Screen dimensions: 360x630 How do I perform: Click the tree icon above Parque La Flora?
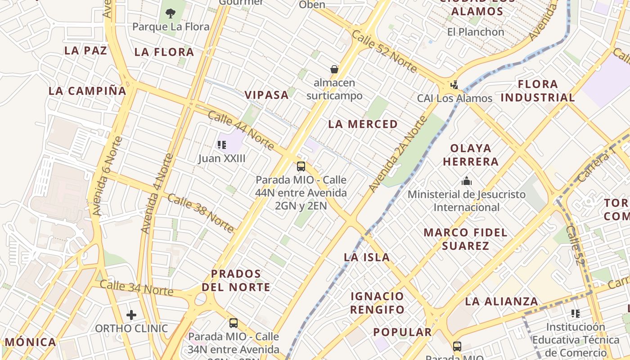click(x=171, y=13)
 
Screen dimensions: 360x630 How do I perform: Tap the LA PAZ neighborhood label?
click(x=85, y=50)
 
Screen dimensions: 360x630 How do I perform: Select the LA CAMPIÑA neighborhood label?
click(x=87, y=91)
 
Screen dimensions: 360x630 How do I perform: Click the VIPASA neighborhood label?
click(x=266, y=95)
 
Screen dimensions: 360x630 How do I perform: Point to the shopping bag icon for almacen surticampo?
click(x=334, y=69)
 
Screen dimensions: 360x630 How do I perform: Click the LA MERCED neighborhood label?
click(x=363, y=124)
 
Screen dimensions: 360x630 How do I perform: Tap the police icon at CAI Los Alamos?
click(x=454, y=85)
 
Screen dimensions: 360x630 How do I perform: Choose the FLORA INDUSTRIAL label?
click(x=538, y=91)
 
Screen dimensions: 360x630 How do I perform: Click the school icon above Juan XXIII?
click(x=222, y=145)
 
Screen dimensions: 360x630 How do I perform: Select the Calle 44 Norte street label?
click(x=241, y=130)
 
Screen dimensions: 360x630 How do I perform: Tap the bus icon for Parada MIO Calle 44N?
click(x=301, y=166)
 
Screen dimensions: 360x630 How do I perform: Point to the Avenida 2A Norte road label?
click(x=397, y=154)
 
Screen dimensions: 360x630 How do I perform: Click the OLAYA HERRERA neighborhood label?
click(x=471, y=155)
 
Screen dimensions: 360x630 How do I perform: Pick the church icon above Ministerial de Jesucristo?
click(x=467, y=181)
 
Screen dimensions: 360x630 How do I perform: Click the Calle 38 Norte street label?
click(x=201, y=213)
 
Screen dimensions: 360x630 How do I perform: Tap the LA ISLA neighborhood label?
click(x=367, y=257)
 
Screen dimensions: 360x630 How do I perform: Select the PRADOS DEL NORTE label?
click(x=236, y=280)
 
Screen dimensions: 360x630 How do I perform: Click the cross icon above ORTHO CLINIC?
click(x=131, y=315)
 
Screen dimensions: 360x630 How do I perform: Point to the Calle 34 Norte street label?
click(x=136, y=288)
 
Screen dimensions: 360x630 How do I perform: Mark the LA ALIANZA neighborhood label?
click(x=501, y=301)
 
